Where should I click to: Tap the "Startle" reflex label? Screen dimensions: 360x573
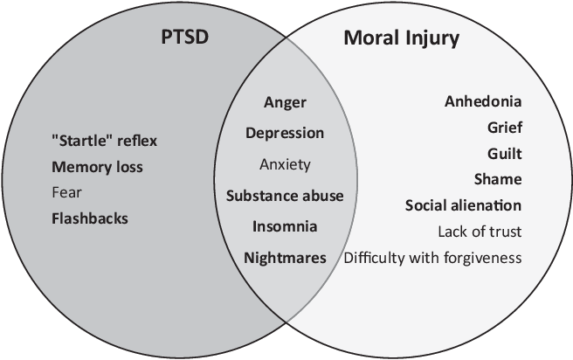pyautogui.click(x=105, y=141)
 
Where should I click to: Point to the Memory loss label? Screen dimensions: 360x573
pyautogui.click(x=97, y=166)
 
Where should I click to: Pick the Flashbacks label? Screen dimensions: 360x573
pyautogui.click(x=90, y=218)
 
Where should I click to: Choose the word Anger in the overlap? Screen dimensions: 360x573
pyautogui.click(x=285, y=102)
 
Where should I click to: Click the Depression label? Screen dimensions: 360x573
pyautogui.click(x=285, y=134)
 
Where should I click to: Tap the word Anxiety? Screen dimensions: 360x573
pyautogui.click(x=285, y=164)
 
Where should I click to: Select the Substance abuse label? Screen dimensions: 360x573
pyautogui.click(x=285, y=196)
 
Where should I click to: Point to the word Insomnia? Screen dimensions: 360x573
pyautogui.click(x=285, y=226)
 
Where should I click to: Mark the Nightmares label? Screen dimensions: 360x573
pyautogui.click(x=285, y=258)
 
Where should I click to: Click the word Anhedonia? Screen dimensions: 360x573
pyautogui.click(x=483, y=100)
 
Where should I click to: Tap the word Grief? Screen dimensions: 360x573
pyautogui.click(x=505, y=128)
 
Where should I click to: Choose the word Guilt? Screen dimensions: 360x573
pyautogui.click(x=505, y=153)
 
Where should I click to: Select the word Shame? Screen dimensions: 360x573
pyautogui.click(x=502, y=179)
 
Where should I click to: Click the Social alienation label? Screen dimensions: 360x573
pyautogui.click(x=463, y=205)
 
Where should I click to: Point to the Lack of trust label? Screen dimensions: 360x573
pyautogui.click(x=480, y=232)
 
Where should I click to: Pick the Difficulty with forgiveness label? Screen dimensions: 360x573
pyautogui.click(x=433, y=258)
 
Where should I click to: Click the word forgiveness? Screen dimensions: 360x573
pyautogui.click(x=485, y=258)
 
